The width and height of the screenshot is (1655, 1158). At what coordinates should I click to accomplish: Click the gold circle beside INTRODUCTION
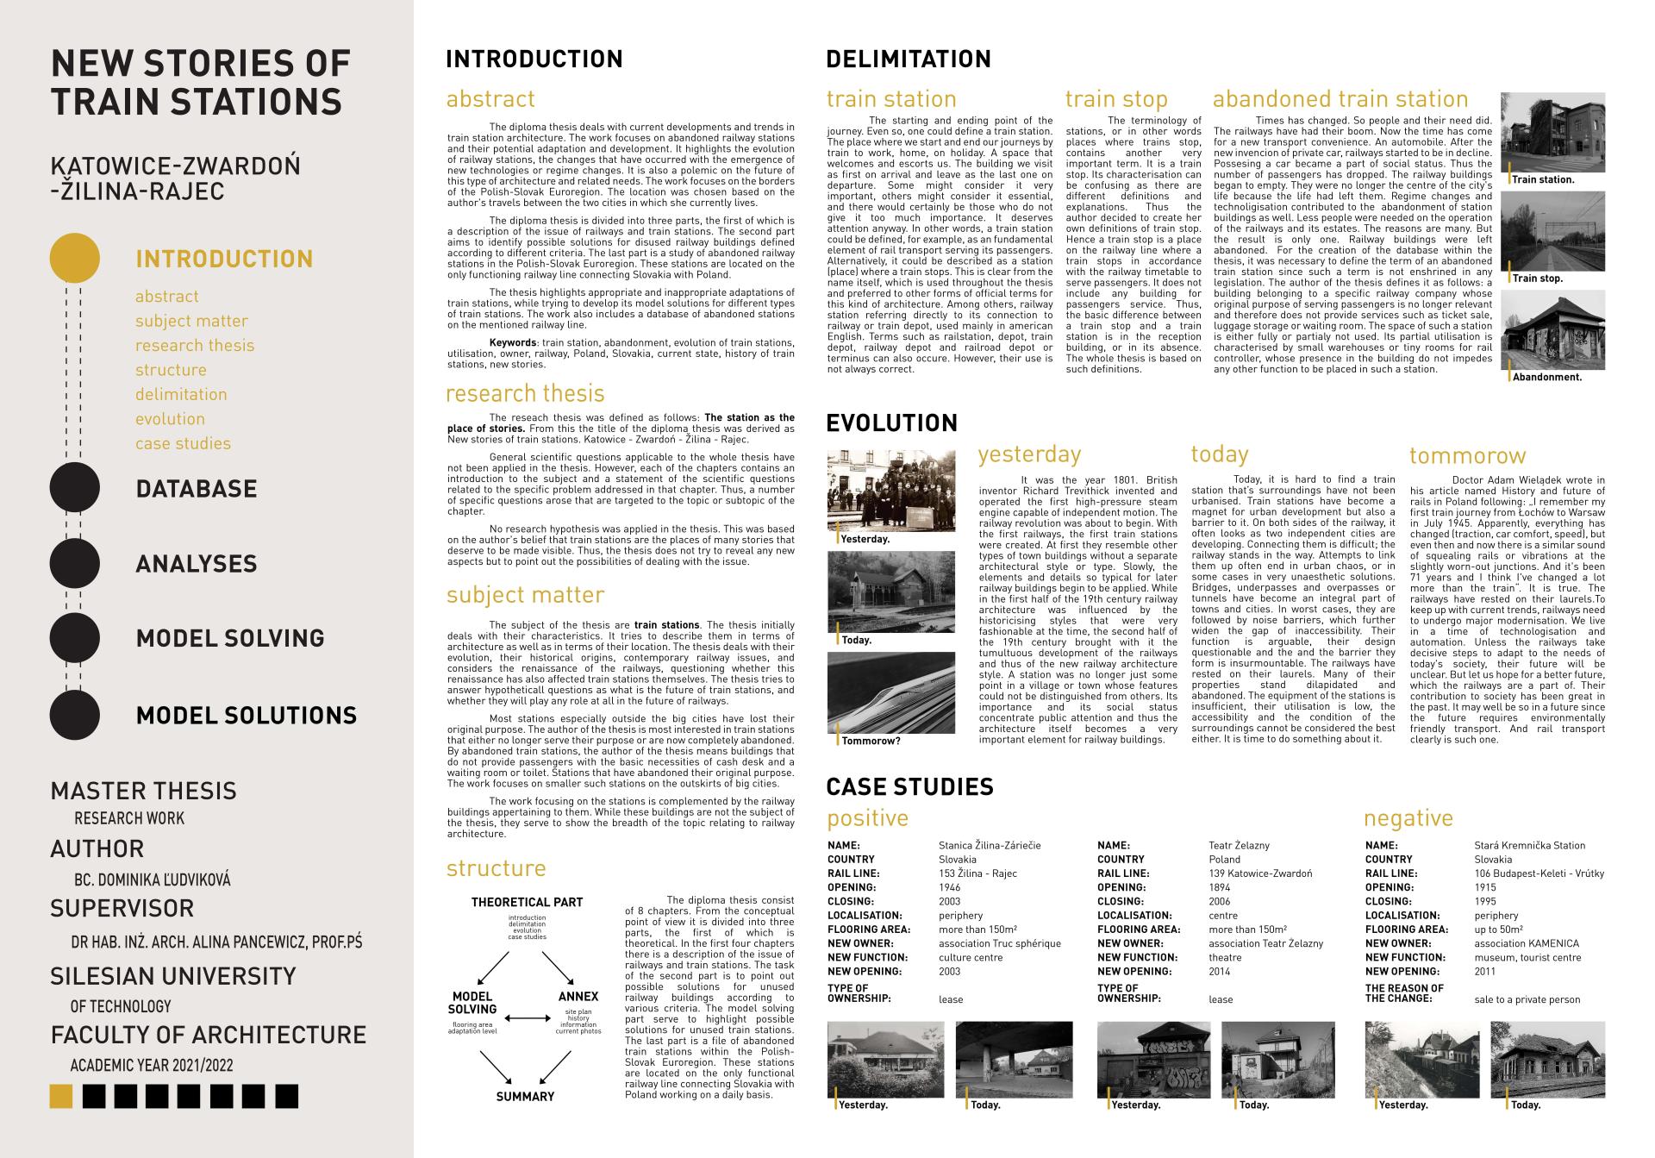click(x=75, y=258)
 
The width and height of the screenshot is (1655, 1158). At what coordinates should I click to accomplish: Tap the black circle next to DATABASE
click(x=75, y=488)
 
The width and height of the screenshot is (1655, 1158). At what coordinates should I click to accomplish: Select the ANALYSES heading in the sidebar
click(x=197, y=564)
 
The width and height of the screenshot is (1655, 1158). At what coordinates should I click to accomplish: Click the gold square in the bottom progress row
click(x=60, y=1096)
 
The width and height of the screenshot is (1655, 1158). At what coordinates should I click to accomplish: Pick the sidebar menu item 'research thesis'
click(x=195, y=346)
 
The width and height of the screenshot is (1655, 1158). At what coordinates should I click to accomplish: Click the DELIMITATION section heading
click(x=909, y=59)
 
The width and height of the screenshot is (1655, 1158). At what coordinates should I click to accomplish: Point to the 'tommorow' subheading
click(x=1467, y=456)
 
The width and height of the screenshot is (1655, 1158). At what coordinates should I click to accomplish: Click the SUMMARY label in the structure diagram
click(x=525, y=1097)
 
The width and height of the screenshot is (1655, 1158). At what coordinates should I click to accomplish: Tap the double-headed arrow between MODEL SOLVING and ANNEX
click(x=527, y=1019)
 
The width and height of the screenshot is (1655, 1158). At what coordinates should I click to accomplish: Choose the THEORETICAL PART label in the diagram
click(x=527, y=903)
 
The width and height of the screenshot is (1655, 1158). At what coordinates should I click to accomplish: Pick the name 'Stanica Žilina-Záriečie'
click(x=990, y=846)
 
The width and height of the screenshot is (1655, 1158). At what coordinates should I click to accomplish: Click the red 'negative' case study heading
click(x=1408, y=818)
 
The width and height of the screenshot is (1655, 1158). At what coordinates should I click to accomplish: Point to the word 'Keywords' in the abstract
click(x=513, y=343)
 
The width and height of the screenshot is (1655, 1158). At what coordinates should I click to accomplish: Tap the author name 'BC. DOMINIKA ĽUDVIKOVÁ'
click(x=153, y=880)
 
